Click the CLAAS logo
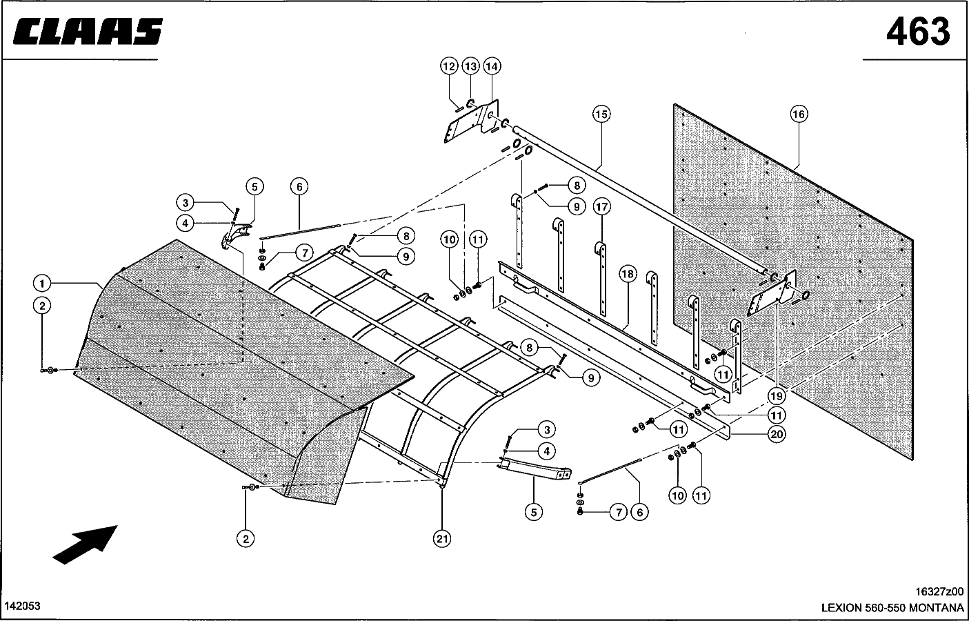tap(88, 31)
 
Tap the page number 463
tap(918, 32)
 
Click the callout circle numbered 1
tap(42, 284)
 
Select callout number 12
tap(449, 66)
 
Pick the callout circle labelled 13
tap(470, 66)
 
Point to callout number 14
tap(492, 66)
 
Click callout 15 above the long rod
tap(601, 115)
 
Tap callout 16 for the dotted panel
tap(799, 115)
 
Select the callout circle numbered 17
tap(601, 206)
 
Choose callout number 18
tap(628, 274)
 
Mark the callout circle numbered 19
tap(777, 395)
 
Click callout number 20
tap(777, 434)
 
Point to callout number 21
tap(441, 539)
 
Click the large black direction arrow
tap(86, 544)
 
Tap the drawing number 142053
tap(23, 606)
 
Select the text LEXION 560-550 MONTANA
tap(892, 608)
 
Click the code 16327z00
tap(939, 591)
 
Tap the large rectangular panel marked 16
tap(793, 282)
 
